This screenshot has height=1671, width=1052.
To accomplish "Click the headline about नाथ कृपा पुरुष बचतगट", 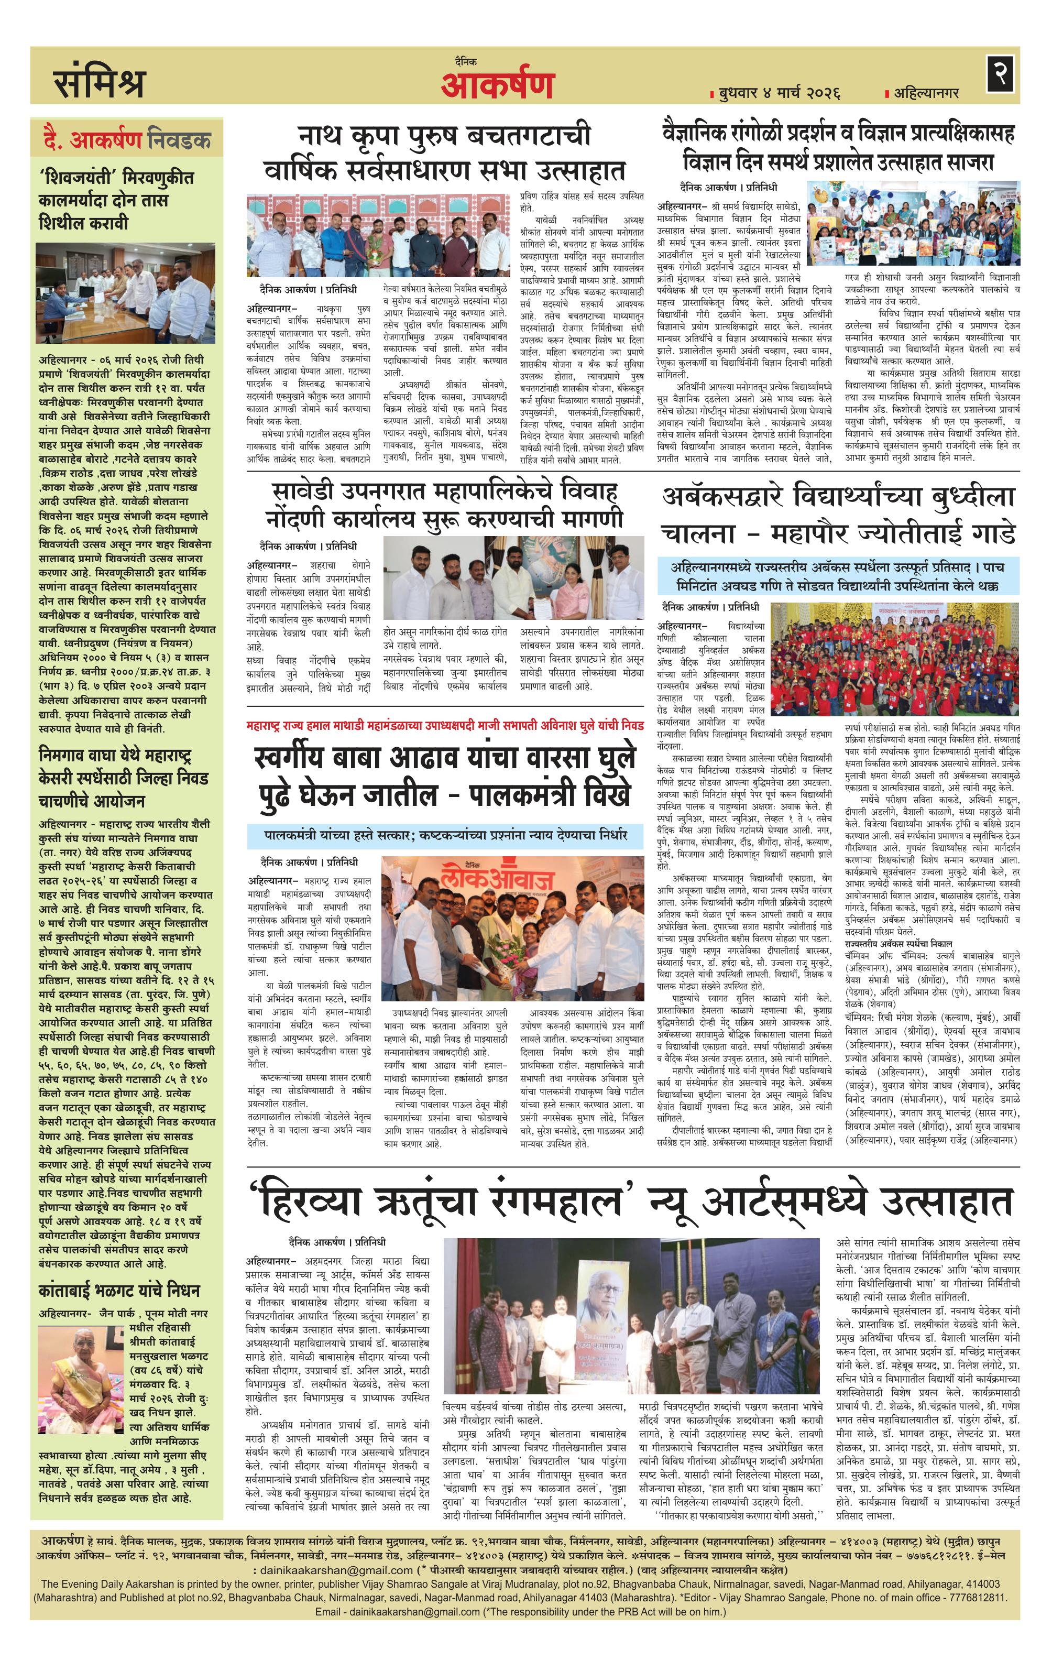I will click(x=444, y=152).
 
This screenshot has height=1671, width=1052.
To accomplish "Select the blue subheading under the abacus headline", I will click(x=838, y=576).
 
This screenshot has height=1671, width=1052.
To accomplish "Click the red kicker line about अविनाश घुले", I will click(x=445, y=726).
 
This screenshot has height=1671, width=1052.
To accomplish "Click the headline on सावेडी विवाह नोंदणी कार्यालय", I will click(x=444, y=505).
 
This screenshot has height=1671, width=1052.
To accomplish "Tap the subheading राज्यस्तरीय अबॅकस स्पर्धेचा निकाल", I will click(x=897, y=944).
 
